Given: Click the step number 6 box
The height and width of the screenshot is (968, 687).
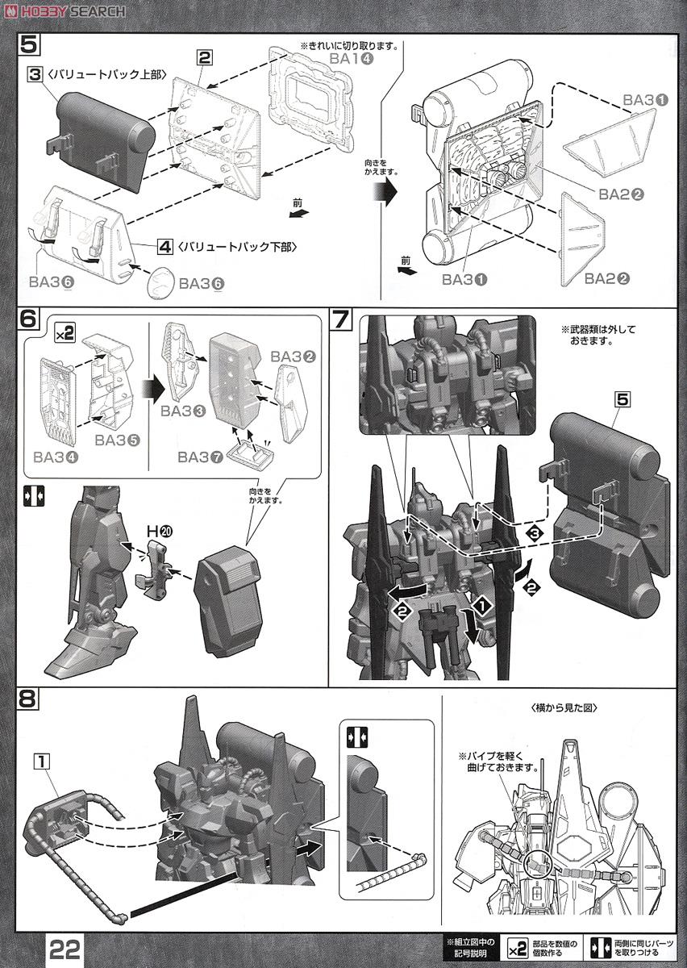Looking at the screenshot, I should (27, 318).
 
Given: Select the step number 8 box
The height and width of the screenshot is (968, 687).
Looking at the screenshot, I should (27, 699).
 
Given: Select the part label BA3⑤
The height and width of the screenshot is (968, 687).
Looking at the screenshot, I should (116, 440).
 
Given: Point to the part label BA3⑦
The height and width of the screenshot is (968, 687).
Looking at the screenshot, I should (199, 457).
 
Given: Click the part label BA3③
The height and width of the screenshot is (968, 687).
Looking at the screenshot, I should (182, 411).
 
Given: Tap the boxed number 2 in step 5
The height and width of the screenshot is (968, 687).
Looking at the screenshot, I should (205, 56).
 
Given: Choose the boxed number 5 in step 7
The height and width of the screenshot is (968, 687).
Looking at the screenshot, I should (621, 397).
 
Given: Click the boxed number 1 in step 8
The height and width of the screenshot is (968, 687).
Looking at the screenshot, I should (43, 758).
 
